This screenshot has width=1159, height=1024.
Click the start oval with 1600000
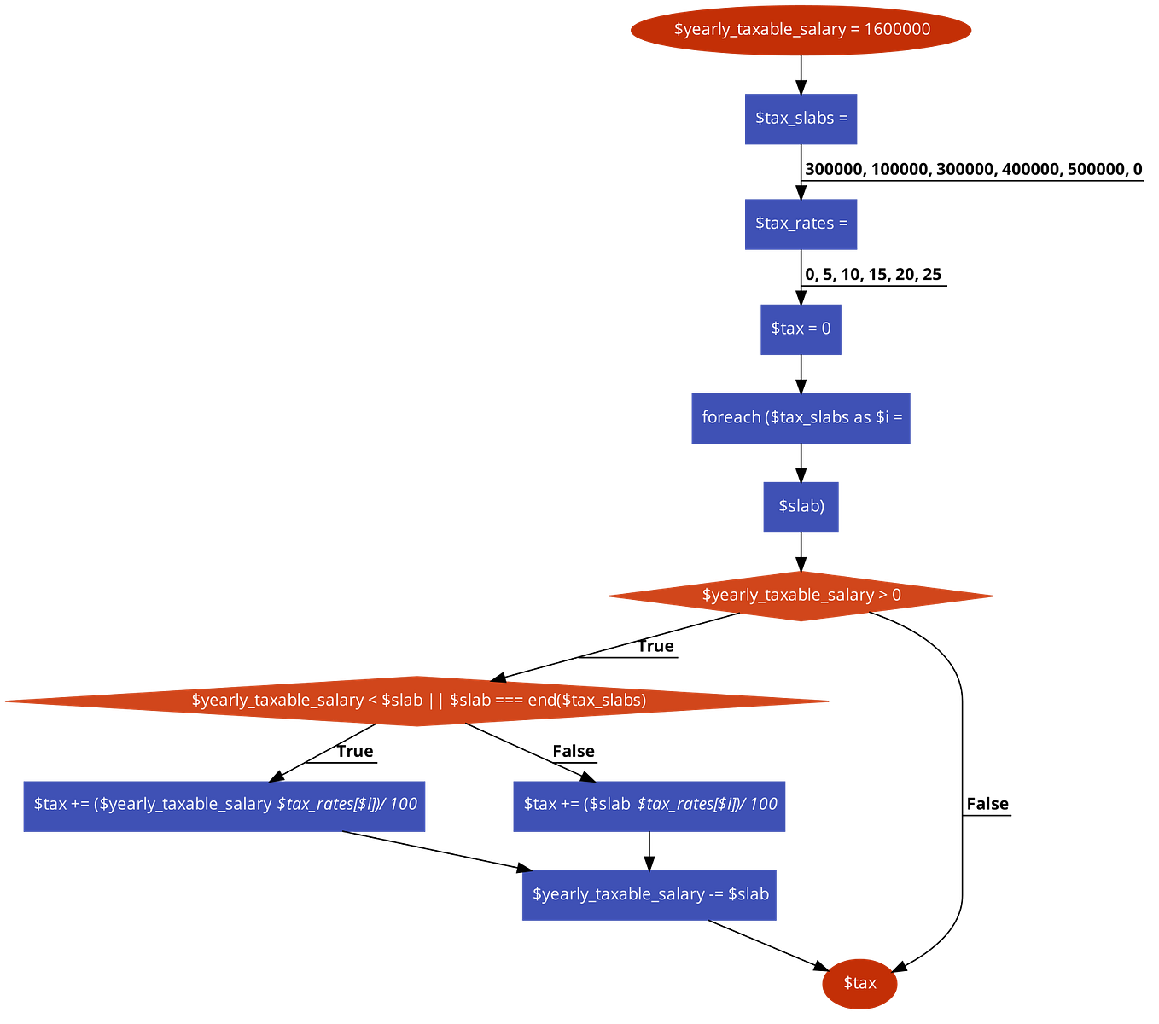pos(801,30)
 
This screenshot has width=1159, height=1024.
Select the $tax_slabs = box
pos(801,119)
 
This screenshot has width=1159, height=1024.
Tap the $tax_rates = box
pos(801,224)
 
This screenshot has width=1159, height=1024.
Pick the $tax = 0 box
pos(801,329)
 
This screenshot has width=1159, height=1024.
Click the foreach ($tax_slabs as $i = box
pos(801,417)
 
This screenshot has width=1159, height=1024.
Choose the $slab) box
pos(801,507)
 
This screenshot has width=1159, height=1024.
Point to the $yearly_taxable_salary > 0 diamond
pos(801,596)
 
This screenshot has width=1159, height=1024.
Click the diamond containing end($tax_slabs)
pos(418,701)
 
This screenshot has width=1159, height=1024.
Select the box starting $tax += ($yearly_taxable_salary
pos(224,805)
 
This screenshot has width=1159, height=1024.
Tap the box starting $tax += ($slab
pos(649,805)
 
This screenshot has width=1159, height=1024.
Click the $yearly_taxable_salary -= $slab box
pos(649,895)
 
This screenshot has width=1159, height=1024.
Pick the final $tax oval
pos(859,983)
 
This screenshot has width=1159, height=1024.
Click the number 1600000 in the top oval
pos(897,30)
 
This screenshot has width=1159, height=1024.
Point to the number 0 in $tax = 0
pos(826,329)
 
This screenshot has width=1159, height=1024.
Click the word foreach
pos(731,417)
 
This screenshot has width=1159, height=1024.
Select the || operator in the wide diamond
pos(436,701)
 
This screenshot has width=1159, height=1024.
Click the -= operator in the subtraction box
pos(716,895)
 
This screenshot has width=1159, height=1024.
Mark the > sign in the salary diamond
pos(883,596)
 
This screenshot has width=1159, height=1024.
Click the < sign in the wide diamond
pos(372,701)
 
